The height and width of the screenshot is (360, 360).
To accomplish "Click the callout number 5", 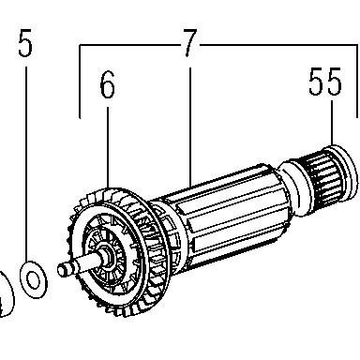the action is pos(25,43).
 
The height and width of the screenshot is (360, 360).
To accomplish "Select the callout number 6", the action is pos(107,84).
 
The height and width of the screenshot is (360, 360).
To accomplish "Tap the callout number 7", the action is pos(189,43).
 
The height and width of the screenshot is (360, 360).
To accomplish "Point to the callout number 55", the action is pos(325,82).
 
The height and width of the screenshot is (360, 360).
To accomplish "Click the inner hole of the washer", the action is pos(33,279).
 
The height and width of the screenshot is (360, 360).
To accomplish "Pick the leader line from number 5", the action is pos(26,163).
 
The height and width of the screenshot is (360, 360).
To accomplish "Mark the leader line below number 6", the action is pos(108,148).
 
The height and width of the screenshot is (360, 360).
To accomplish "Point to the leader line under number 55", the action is pos(332,123).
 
